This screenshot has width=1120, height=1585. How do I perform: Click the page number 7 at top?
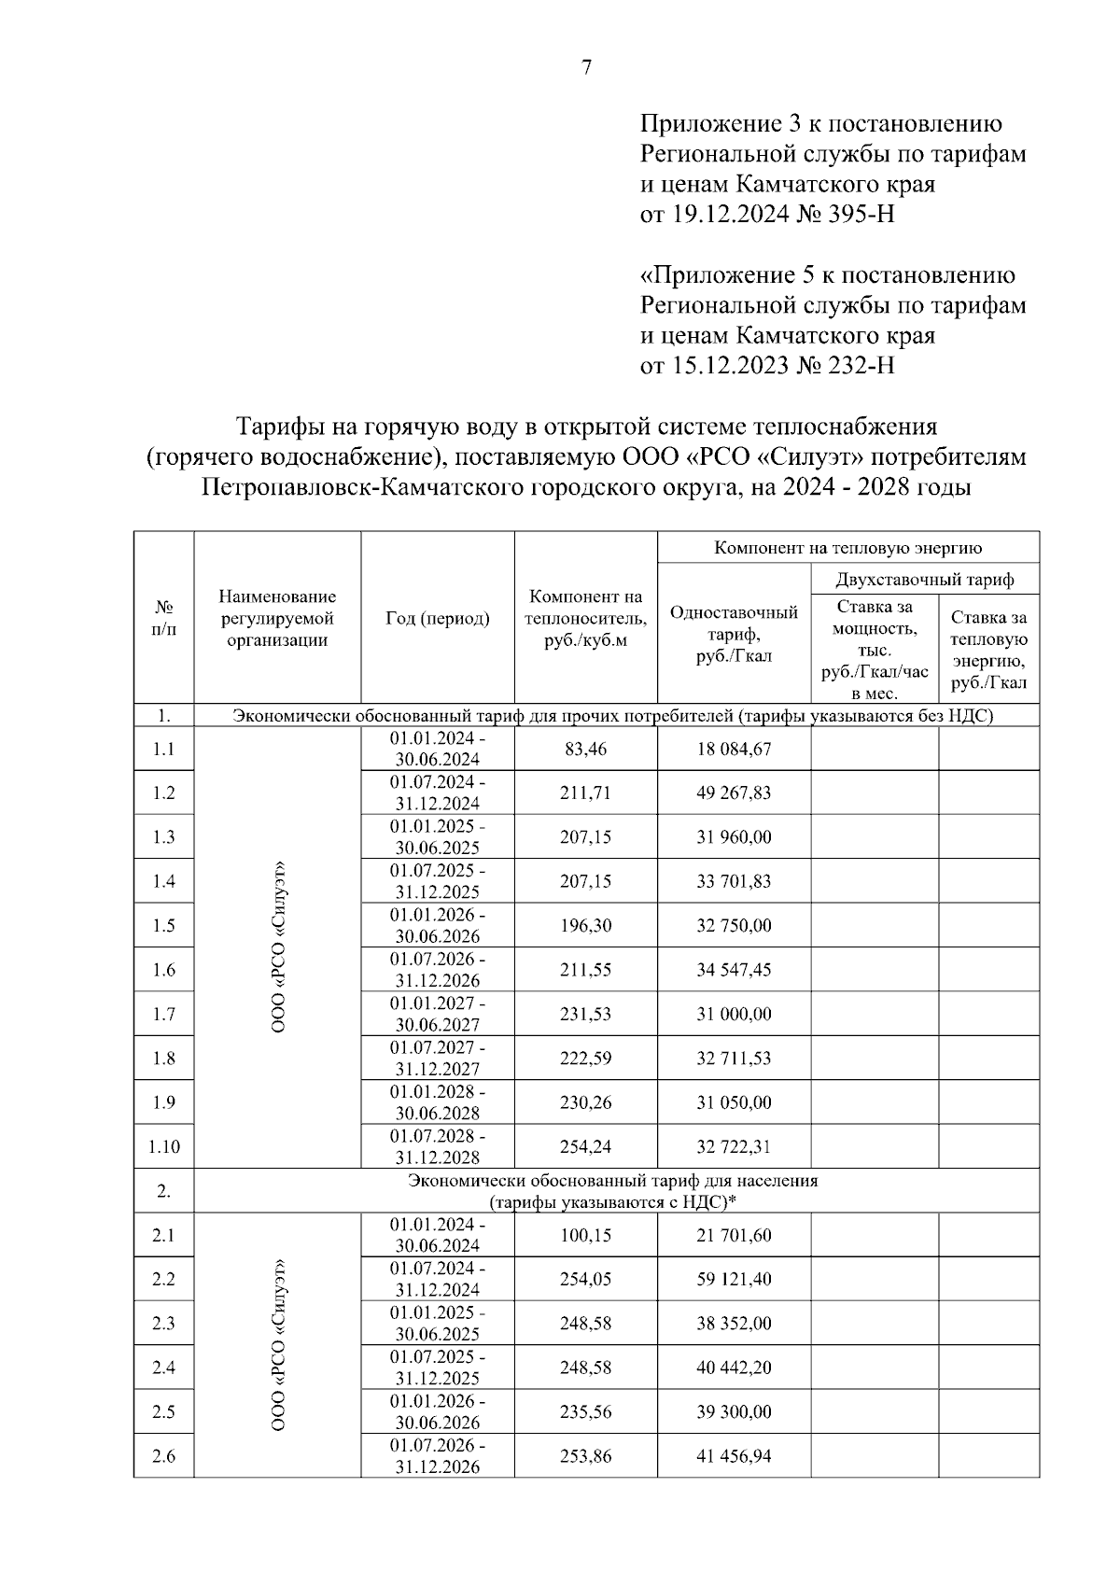(586, 67)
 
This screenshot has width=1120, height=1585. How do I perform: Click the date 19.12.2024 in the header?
(728, 215)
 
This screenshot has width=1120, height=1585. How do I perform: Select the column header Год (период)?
(437, 618)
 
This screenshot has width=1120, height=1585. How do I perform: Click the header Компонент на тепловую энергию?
(847, 548)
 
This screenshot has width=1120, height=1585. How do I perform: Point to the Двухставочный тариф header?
(924, 580)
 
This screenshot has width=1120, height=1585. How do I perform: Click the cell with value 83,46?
(585, 749)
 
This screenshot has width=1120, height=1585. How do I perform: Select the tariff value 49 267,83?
(734, 793)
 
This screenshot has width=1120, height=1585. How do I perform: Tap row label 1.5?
(163, 926)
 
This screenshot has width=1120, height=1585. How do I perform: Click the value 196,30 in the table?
(585, 926)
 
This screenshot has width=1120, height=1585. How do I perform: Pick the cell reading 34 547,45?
(734, 970)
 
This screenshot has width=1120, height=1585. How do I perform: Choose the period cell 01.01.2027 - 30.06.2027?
(437, 1014)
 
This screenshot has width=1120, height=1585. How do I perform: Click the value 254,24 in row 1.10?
(585, 1146)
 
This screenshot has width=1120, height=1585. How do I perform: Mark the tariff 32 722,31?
(734, 1146)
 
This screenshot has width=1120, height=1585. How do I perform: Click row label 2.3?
(163, 1324)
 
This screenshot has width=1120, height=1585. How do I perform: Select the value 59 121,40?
(734, 1279)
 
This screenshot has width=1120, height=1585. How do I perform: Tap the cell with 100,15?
(585, 1235)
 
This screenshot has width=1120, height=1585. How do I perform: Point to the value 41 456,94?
(734, 1456)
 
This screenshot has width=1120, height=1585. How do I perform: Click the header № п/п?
(163, 618)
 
